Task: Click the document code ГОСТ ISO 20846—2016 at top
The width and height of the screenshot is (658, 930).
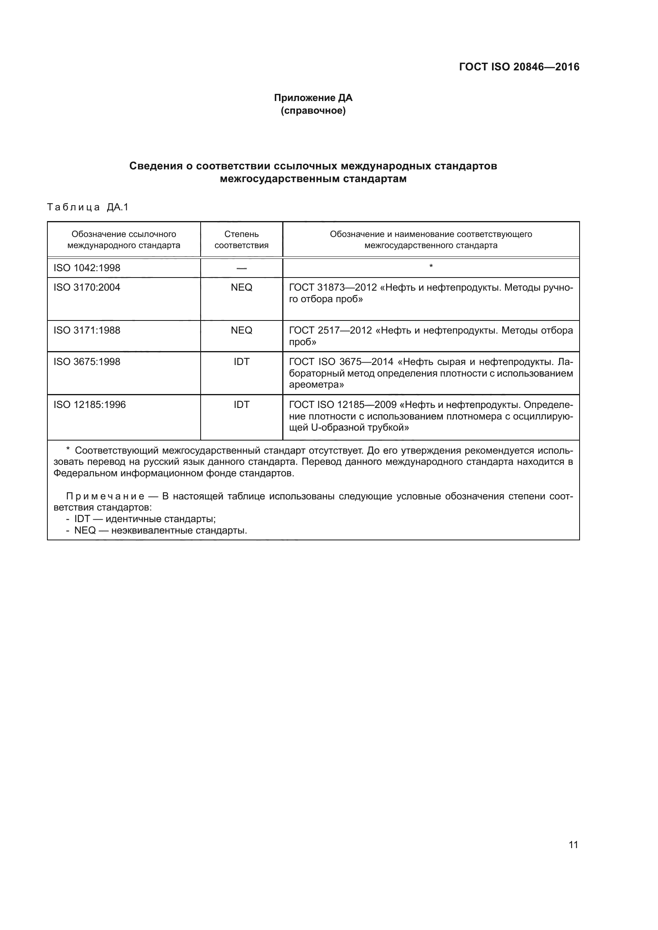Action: [519, 67]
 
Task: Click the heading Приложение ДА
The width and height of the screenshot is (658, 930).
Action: [313, 98]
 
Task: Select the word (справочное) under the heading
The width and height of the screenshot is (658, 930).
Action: [313, 111]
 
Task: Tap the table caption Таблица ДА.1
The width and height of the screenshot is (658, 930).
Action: [88, 208]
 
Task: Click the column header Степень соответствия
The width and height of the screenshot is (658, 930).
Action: [241, 239]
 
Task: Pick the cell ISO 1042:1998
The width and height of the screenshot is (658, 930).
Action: [87, 268]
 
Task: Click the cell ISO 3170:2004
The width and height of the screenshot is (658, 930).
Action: [87, 287]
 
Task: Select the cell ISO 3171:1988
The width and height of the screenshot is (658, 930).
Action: [87, 330]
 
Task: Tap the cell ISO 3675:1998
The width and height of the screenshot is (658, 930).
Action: [87, 362]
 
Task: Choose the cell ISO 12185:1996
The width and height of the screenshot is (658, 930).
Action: [90, 405]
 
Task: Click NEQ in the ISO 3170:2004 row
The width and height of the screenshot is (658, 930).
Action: [241, 287]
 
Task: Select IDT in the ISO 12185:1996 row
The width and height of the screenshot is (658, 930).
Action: [241, 405]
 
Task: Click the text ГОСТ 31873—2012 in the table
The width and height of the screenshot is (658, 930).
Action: [332, 287]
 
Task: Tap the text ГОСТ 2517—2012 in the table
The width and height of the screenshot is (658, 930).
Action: [330, 330]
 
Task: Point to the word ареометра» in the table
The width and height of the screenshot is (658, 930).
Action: [316, 385]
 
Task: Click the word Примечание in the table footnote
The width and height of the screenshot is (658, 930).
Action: [105, 497]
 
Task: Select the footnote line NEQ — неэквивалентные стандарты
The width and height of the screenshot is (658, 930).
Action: [160, 531]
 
